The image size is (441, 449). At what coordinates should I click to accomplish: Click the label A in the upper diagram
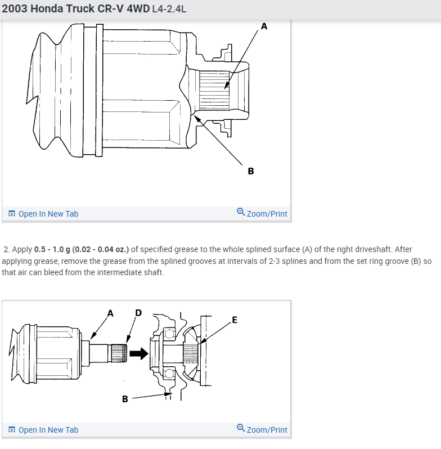264,25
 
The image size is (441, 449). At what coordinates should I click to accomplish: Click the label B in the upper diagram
250,170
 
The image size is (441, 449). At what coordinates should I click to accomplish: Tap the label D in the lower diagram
138,313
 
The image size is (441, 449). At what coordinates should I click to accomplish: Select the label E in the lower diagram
234,320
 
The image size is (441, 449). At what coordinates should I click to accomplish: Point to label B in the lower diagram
125,399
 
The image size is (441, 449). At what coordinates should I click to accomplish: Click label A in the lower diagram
110,313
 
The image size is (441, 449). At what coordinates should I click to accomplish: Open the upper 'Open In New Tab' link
48,214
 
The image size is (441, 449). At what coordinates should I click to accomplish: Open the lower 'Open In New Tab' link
48,430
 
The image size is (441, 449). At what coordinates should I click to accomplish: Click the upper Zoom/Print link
267,214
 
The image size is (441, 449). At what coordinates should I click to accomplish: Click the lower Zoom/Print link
267,430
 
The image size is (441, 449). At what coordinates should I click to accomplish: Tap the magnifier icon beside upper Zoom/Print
241,213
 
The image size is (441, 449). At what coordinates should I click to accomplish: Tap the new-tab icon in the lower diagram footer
12,430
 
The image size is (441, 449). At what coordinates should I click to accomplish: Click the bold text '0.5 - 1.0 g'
56,249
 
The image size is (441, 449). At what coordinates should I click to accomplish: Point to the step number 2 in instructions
6,249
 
